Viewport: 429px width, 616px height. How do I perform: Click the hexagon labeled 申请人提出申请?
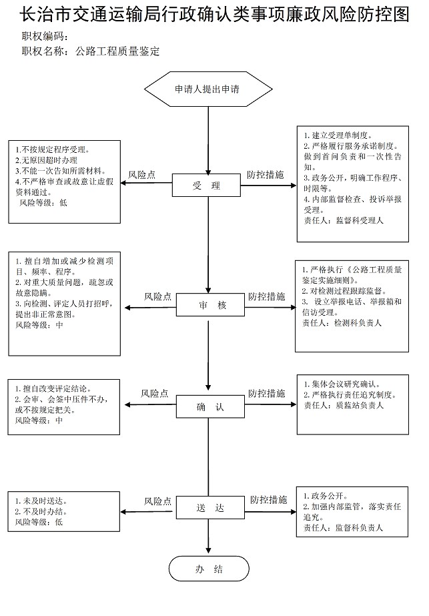208,89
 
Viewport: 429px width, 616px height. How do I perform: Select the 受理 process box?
206,185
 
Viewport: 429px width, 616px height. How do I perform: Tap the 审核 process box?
210,305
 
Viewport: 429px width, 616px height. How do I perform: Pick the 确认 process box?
210,406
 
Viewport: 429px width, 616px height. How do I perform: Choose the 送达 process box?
210,508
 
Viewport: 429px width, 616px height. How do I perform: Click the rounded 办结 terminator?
209,569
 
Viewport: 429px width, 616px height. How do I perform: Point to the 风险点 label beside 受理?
142,175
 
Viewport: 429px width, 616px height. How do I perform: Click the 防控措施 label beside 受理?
266,174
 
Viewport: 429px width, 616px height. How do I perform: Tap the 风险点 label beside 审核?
157,296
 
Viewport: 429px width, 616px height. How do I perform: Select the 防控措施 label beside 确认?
267,393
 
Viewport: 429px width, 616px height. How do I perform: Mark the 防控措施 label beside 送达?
269,500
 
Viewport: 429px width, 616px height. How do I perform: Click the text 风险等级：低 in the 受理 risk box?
43,203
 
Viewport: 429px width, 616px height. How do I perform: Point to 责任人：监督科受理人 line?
344,220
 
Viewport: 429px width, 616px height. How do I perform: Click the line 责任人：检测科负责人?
342,323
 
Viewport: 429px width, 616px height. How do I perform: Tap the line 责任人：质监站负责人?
344,405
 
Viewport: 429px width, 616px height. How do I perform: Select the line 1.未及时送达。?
41,501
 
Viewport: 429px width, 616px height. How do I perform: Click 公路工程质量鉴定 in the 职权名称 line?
117,51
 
